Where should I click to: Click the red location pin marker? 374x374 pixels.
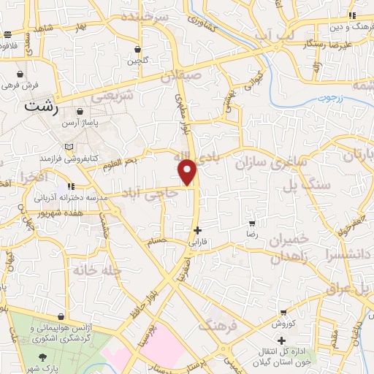click(x=188, y=172)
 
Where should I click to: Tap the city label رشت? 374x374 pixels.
click(x=42, y=105)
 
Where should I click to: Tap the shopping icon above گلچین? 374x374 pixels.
click(x=137, y=50)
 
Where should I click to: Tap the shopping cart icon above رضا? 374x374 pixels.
click(x=252, y=224)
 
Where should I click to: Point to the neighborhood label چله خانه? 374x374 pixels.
click(x=96, y=270)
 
